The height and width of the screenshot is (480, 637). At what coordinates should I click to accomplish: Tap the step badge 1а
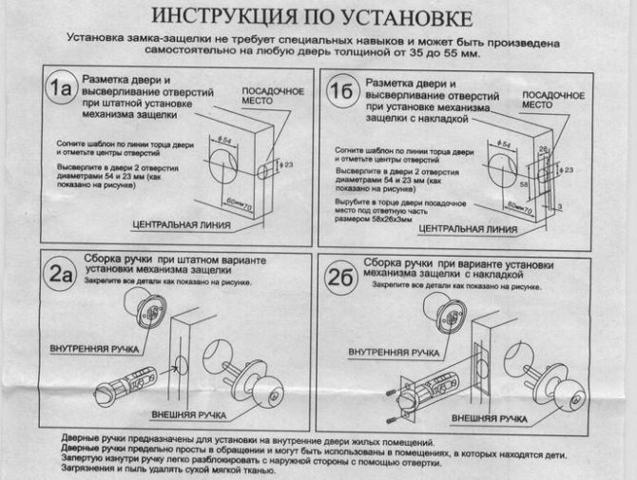coord(60,88)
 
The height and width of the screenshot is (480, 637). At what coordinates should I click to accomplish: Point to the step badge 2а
coord(60,274)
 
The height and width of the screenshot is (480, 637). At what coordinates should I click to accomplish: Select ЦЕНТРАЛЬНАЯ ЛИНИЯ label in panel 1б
coord(466,229)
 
